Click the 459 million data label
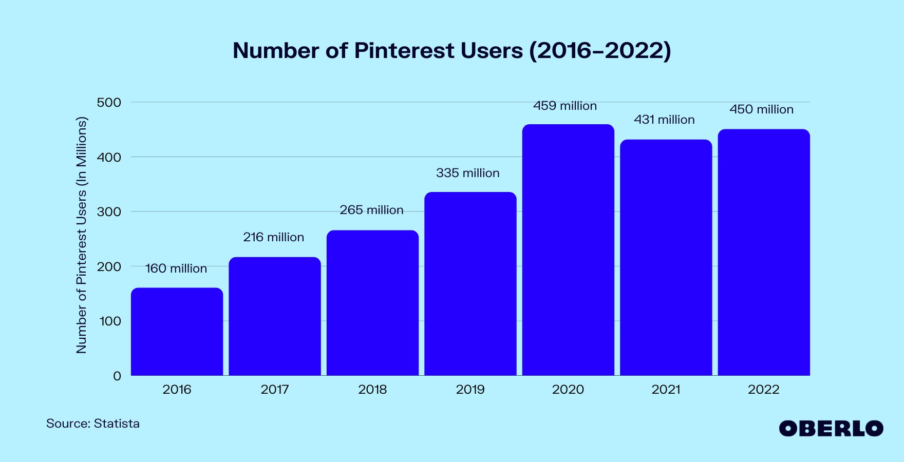(x=564, y=106)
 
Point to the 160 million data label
(x=176, y=268)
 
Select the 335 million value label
(x=467, y=173)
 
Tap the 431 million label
(x=664, y=120)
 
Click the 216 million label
(x=273, y=237)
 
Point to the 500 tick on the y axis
(x=109, y=103)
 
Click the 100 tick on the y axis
(x=110, y=321)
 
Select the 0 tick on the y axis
(x=117, y=376)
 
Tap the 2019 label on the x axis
(x=470, y=390)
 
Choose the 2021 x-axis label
(x=666, y=390)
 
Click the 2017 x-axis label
(x=275, y=390)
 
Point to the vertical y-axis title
(x=82, y=235)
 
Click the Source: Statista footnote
(x=93, y=423)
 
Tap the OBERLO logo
(x=831, y=429)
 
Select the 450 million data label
(x=761, y=109)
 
